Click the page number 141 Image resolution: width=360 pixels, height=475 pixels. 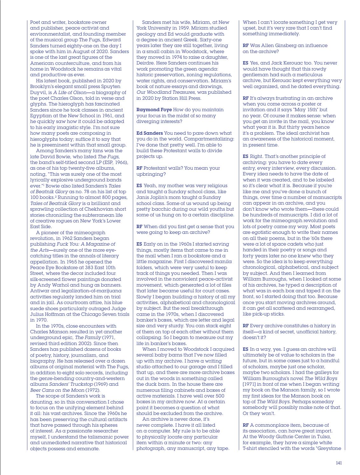[339, 463]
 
